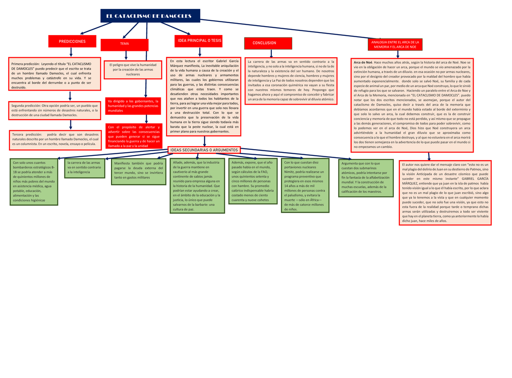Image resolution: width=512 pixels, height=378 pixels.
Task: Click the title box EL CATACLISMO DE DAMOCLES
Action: [x=150, y=16]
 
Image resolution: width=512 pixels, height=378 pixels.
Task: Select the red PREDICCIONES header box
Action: [x=72, y=41]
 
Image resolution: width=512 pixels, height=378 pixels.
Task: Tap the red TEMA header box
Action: [x=125, y=45]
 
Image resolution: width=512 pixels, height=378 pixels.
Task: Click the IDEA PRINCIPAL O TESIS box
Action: [x=198, y=41]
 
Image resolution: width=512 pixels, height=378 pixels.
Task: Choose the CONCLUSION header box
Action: [x=268, y=43]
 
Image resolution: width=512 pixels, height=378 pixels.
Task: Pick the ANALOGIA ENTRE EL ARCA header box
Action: [x=395, y=44]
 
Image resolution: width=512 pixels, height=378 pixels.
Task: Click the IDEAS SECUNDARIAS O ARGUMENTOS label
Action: [x=204, y=150]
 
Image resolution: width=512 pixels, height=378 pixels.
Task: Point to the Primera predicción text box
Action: [x=55, y=74]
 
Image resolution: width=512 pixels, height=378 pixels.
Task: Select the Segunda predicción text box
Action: [x=55, y=111]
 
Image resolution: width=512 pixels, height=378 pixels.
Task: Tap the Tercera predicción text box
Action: [x=55, y=140]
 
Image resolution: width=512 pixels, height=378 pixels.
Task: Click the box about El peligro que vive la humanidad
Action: [x=133, y=70]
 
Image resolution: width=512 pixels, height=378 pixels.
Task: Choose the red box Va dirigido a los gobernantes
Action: [x=133, y=106]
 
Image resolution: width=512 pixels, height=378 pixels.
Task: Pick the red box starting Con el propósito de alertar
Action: [x=134, y=136]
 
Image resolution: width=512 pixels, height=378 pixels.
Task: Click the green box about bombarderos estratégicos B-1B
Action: [x=34, y=182]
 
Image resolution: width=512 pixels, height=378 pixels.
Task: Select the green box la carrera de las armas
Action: [x=84, y=168]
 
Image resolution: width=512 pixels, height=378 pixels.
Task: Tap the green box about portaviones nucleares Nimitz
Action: [x=305, y=185]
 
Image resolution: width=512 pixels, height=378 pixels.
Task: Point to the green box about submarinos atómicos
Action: [x=366, y=178]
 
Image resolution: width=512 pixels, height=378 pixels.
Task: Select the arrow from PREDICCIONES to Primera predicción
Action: [x=71, y=52]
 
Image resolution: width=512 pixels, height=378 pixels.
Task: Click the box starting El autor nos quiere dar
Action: [x=445, y=193]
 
